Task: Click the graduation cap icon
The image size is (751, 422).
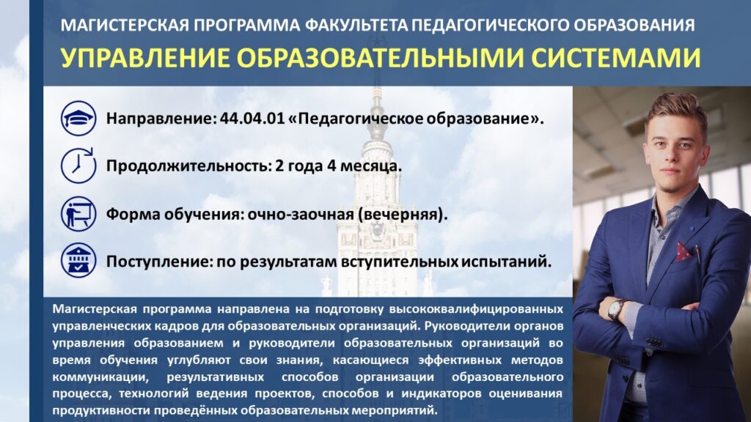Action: click(x=78, y=118)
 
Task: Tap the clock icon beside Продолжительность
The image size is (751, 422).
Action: click(x=78, y=166)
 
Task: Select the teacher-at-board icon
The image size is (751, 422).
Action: click(x=78, y=214)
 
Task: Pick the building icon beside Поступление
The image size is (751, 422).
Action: click(x=78, y=262)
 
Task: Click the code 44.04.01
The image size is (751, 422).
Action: click(x=252, y=118)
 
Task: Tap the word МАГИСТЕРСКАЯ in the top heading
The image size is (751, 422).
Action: click(x=125, y=25)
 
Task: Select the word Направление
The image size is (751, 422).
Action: click(x=161, y=119)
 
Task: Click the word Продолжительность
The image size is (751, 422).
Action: click(x=188, y=166)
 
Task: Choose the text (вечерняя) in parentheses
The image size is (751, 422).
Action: click(x=403, y=215)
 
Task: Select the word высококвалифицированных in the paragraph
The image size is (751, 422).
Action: click(x=475, y=309)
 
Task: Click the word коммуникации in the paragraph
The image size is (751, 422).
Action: click(x=99, y=377)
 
